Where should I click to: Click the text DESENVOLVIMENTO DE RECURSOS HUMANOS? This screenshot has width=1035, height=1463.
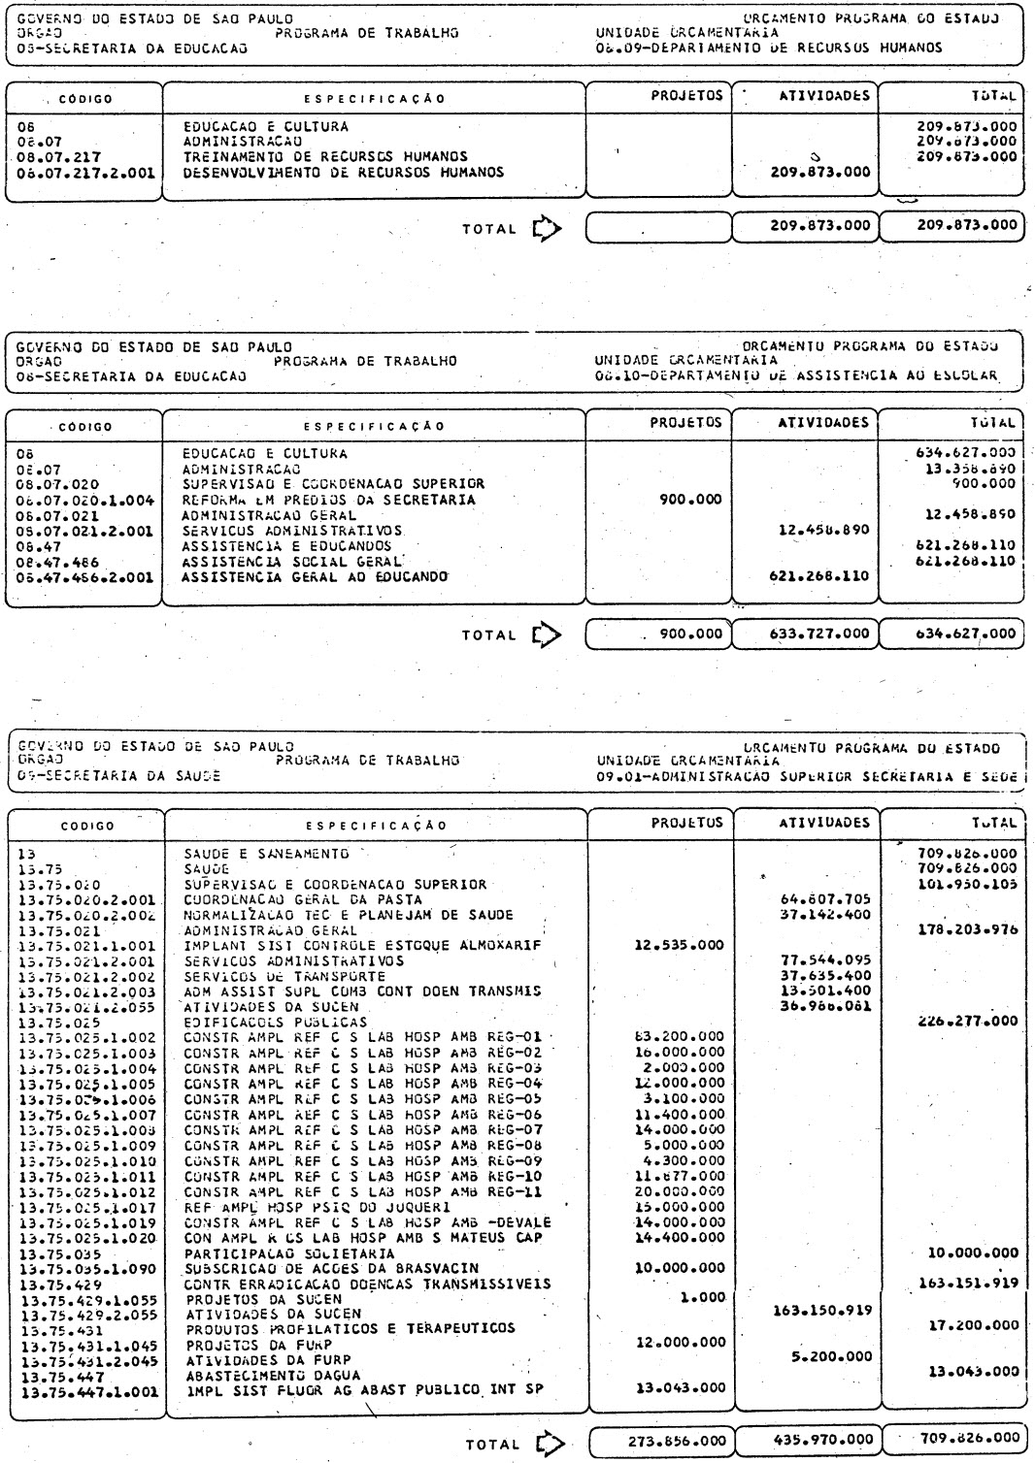click(344, 173)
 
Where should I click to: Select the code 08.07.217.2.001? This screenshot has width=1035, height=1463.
click(85, 173)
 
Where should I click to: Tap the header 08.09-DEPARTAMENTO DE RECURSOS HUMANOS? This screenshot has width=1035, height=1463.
click(769, 47)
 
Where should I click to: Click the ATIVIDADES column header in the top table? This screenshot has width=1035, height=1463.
click(824, 96)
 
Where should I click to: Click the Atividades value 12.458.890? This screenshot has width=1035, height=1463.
click(823, 530)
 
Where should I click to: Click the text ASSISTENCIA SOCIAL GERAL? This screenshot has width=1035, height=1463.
click(292, 561)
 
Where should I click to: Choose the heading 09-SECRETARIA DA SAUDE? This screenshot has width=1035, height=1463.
click(119, 776)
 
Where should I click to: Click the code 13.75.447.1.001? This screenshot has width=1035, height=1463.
click(85, 1388)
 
